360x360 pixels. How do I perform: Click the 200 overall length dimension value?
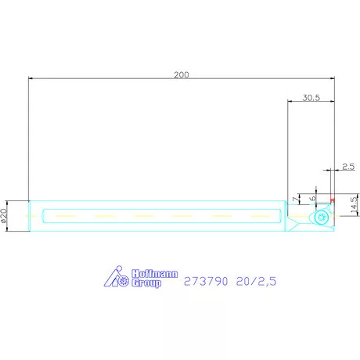pyautogui.click(x=182, y=75)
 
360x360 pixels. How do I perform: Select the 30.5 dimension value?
pyautogui.click(x=311, y=98)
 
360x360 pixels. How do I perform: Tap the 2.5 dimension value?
pyautogui.click(x=348, y=167)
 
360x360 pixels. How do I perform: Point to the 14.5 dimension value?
pyautogui.click(x=354, y=205)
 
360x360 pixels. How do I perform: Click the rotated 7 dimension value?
pyautogui.click(x=296, y=199)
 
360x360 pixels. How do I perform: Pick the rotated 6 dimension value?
pyautogui.click(x=312, y=198)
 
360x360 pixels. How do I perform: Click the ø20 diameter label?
pyautogui.click(x=4, y=215)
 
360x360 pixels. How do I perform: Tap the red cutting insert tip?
pyautogui.click(x=333, y=200)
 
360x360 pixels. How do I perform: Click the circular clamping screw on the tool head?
pyautogui.click(x=321, y=217)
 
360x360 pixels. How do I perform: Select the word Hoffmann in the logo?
pyautogui.click(x=155, y=274)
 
